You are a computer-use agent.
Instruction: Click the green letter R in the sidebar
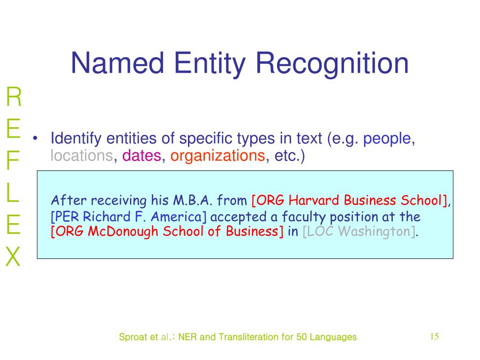pyautogui.click(x=14, y=97)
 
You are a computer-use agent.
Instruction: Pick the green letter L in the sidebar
pyautogui.click(x=13, y=194)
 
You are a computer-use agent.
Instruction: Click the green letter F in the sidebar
pyautogui.click(x=13, y=162)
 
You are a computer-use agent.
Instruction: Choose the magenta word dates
pyautogui.click(x=142, y=156)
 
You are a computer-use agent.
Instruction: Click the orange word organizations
pyautogui.click(x=218, y=156)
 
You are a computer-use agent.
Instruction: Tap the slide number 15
pyautogui.click(x=434, y=337)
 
